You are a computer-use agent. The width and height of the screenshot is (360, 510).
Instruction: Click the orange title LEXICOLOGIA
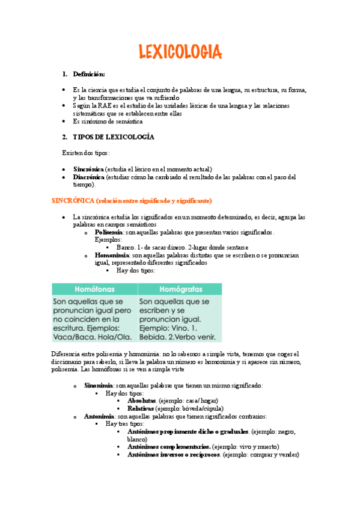180,52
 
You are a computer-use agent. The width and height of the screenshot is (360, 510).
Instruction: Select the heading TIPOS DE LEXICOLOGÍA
114,137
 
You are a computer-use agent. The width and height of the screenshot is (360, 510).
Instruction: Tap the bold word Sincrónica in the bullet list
88,169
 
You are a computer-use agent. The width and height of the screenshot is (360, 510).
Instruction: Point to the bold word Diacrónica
88,177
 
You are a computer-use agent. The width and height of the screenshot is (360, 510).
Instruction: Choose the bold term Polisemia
109,232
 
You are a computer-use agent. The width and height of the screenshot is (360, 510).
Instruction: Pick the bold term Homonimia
111,255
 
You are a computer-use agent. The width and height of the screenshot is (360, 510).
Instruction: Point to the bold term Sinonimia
98,385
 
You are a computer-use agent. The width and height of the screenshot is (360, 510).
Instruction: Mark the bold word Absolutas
142,401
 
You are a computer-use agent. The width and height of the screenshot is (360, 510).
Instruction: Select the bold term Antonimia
100,416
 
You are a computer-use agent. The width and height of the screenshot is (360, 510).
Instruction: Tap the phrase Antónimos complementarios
168,447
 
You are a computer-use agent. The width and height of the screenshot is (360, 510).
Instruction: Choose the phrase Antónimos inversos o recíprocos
174,455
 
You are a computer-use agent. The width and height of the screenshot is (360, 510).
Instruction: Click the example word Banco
126,247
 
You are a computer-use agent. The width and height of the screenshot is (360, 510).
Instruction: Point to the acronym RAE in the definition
114,106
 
